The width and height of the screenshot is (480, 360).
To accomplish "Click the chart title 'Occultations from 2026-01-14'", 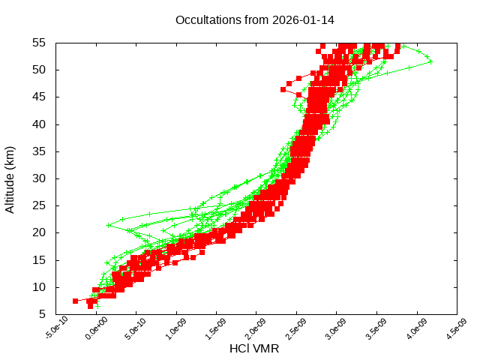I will [254, 19].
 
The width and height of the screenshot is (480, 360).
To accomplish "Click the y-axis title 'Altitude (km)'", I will [10, 178].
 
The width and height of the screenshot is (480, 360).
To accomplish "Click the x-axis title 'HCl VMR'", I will [254, 348].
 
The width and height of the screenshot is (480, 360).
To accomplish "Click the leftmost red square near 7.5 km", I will [76, 301].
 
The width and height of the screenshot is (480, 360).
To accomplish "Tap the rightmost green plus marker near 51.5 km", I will [430, 61].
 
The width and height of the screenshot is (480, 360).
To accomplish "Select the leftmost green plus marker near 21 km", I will [109, 225].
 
